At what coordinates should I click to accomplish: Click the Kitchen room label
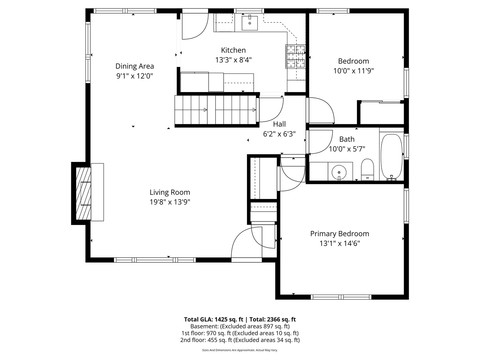pyautogui.click(x=233, y=50)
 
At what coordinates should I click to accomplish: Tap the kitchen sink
pyautogui.click(x=250, y=23)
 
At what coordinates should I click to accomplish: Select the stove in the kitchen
pyautogui.click(x=295, y=56)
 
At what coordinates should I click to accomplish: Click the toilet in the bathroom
pyautogui.click(x=367, y=169)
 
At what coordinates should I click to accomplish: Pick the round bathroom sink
pyautogui.click(x=339, y=172)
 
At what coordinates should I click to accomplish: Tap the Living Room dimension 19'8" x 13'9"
pyautogui.click(x=170, y=202)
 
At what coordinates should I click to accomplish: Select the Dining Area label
pyautogui.click(x=135, y=66)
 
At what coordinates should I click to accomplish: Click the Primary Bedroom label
pyautogui.click(x=339, y=234)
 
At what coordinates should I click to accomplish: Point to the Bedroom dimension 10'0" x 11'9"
pyautogui.click(x=353, y=71)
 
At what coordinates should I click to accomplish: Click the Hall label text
pyautogui.click(x=279, y=124)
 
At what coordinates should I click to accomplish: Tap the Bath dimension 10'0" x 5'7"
pyautogui.click(x=347, y=149)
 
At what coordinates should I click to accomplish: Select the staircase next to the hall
pyautogui.click(x=216, y=110)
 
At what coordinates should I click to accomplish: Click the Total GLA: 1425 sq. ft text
pyautogui.click(x=213, y=319)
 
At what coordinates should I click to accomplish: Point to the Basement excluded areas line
pyautogui.click(x=240, y=326)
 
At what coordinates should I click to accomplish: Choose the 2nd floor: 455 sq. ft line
pyautogui.click(x=240, y=340)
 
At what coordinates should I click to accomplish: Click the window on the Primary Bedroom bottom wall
pyautogui.click(x=341, y=297)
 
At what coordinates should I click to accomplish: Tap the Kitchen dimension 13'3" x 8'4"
pyautogui.click(x=233, y=60)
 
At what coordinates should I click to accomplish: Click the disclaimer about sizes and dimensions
pyautogui.click(x=240, y=350)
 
